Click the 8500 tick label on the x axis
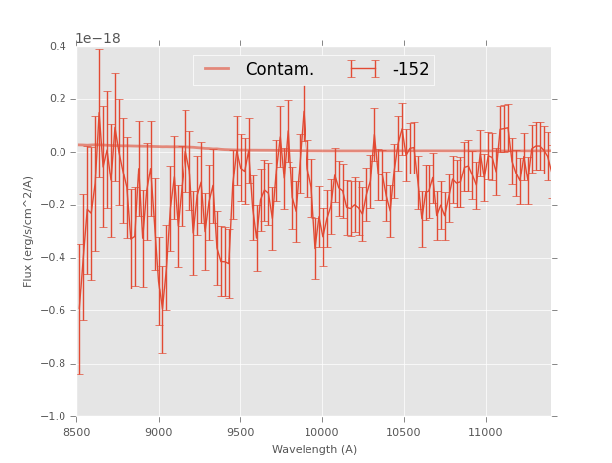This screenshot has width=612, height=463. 77,432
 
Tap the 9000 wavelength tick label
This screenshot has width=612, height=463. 159,432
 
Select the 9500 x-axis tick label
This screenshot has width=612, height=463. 240,432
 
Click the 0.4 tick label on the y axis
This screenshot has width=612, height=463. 59,47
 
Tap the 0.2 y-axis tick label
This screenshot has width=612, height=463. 59,99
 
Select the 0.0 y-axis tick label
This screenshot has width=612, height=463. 59,153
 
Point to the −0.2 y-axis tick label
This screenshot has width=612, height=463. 56,205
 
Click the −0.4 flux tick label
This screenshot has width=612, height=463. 56,258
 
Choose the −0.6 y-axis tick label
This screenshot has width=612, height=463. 56,311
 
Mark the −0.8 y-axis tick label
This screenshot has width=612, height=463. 56,364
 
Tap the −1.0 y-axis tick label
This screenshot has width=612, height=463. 56,417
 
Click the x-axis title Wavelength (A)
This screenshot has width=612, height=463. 313,450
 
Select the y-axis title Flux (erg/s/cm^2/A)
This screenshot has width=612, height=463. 29,231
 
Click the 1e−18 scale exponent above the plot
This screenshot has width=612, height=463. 99,39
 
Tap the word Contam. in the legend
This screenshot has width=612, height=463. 280,69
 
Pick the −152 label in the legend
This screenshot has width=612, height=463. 410,69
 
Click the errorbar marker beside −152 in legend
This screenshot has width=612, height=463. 365,69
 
